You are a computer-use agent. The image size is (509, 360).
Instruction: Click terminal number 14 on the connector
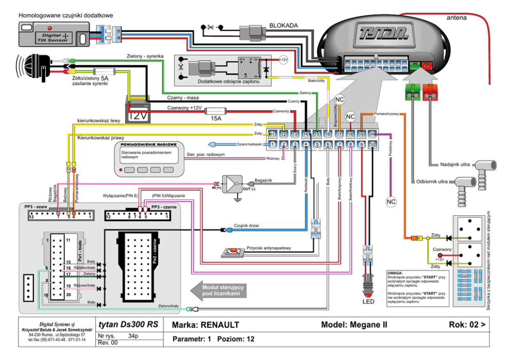pyautogui.click(x=305, y=135)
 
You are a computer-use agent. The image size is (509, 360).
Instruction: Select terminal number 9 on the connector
pyautogui.click(x=362, y=145)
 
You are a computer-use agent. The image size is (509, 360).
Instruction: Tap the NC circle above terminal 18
pyautogui.click(x=350, y=117)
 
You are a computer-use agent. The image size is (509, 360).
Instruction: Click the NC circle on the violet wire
pyautogui.click(x=391, y=201)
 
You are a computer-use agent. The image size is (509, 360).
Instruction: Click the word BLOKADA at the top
pyautogui.click(x=283, y=25)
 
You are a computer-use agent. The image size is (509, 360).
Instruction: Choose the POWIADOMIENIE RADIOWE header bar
pyautogui.click(x=149, y=144)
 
